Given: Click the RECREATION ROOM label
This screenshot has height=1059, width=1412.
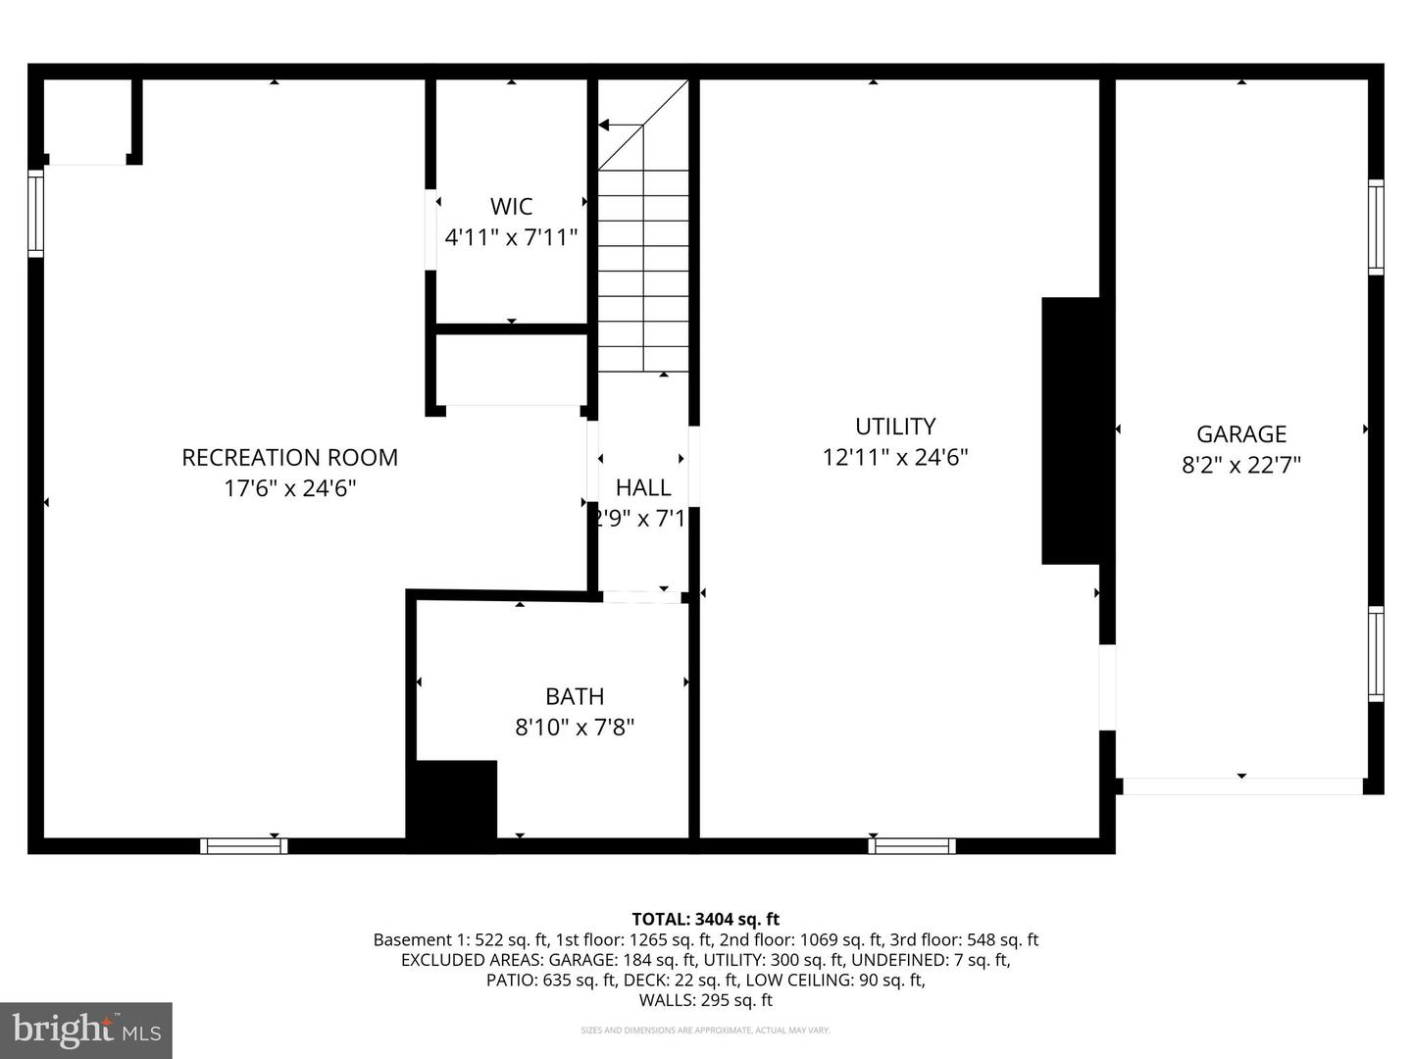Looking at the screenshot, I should point(289,457).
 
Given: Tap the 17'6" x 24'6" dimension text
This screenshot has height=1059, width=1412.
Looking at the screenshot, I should point(289,488).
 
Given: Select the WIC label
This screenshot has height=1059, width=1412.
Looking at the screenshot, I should point(511,206).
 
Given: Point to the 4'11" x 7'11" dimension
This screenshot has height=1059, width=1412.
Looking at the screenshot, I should point(511,237).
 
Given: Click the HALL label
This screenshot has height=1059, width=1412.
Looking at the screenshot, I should point(643,487).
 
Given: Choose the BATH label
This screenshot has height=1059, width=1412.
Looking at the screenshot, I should point(575,696).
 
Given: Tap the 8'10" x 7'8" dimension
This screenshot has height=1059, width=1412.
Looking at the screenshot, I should point(575,728).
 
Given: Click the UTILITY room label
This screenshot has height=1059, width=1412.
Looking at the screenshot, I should point(895,427).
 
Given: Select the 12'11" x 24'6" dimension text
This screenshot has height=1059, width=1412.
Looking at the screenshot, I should point(895,457).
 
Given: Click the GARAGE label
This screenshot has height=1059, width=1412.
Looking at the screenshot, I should point(1240,434).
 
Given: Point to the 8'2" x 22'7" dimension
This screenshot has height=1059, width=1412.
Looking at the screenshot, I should point(1240,465).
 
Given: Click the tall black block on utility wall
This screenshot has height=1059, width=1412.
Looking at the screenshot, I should point(1071,430).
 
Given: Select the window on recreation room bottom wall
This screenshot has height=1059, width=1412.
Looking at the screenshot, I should point(244,845).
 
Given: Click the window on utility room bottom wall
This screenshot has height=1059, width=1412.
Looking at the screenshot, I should point(912,845).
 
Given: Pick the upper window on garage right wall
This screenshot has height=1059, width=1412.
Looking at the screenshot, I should point(1376,227).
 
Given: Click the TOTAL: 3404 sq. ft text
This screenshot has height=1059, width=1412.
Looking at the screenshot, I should point(705,919).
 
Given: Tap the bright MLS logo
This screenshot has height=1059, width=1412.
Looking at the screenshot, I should point(86,1030).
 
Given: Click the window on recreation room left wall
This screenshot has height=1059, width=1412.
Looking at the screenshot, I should point(36,213).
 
